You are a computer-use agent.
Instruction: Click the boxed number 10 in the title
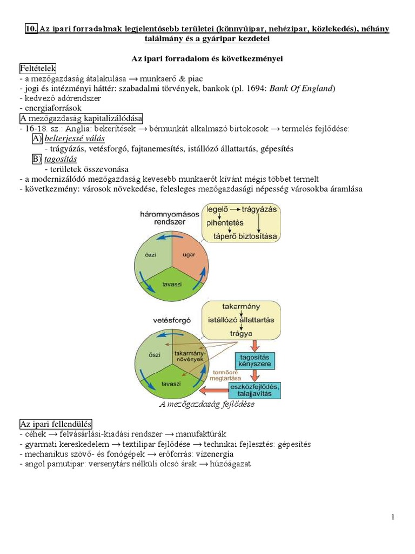[x=31, y=29]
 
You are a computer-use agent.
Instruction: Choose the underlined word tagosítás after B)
[x=61, y=159]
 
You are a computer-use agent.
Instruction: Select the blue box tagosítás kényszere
[x=254, y=361]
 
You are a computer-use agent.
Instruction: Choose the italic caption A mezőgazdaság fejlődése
[x=207, y=404]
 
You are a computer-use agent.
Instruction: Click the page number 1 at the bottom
[x=393, y=517]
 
